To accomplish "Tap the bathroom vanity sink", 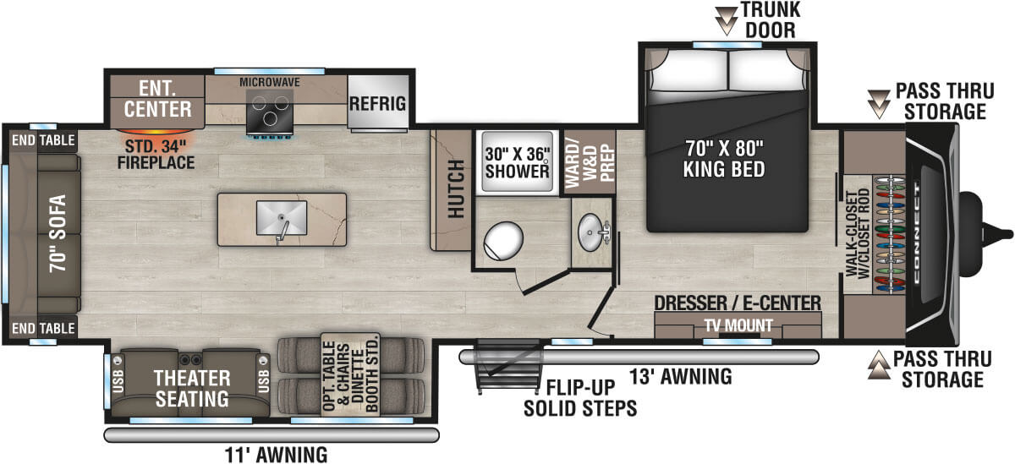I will (x=591, y=227).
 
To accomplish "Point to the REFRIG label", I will (x=377, y=104).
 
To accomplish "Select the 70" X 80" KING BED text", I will (x=724, y=159).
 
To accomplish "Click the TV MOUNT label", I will (x=738, y=325).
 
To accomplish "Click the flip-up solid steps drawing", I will (x=498, y=365).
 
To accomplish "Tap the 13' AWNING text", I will (x=680, y=377).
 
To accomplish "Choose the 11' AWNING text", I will (x=277, y=455).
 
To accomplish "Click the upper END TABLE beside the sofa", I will (x=42, y=140).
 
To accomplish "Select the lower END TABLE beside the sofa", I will (x=42, y=327).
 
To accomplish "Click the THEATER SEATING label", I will (x=190, y=387).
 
